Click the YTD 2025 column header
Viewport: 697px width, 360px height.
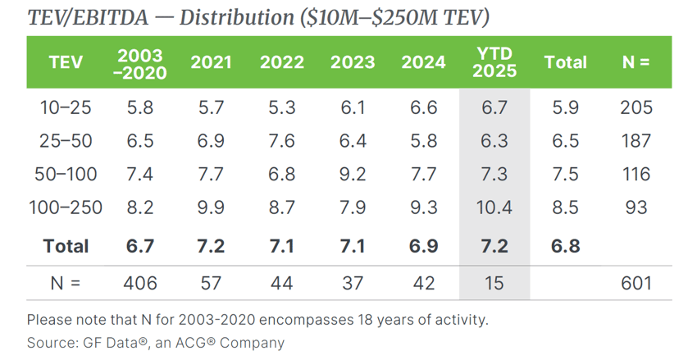[495, 62]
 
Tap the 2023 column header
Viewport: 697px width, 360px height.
[353, 62]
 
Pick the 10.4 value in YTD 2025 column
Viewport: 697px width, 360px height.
[495, 207]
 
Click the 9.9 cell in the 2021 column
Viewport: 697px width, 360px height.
[212, 207]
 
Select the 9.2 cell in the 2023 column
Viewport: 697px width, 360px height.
[353, 174]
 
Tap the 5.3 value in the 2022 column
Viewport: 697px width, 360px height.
[282, 107]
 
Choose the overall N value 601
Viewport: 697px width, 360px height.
[636, 283]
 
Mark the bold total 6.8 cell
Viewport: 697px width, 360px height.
[566, 246]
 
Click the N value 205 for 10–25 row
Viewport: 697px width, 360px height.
[636, 107]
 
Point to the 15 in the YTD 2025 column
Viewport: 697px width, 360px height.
[495, 283]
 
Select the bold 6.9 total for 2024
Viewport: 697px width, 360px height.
[424, 246]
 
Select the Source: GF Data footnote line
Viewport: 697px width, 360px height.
[155, 343]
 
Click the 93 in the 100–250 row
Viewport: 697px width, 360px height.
[636, 207]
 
